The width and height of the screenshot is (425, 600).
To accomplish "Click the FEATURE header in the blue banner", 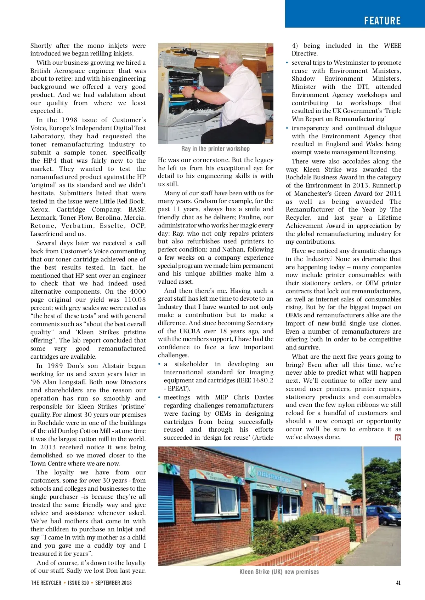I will pos(382,21).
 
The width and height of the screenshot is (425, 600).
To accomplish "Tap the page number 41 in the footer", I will pos(398,583).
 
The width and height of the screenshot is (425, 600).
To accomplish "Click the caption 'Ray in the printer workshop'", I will pos(215,149).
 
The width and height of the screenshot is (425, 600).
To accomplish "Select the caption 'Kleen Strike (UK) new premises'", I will pos(279,572).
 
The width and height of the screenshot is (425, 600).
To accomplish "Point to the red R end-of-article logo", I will pos(398,438).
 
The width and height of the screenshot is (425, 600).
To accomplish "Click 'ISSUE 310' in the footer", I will pos(78,583).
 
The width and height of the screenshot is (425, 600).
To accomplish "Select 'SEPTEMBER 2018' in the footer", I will pos(113,583).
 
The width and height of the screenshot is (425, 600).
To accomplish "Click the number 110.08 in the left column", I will pos(135,300).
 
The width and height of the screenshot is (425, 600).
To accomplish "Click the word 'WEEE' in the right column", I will pos(392,46).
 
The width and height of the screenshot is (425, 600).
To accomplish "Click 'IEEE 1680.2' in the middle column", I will pos(256,380).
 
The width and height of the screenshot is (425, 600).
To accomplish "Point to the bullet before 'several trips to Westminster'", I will pos(287,63).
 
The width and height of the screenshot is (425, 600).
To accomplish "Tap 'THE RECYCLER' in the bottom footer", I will pos(46,583).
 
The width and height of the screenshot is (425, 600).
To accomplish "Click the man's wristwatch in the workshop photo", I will pos(194,94).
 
